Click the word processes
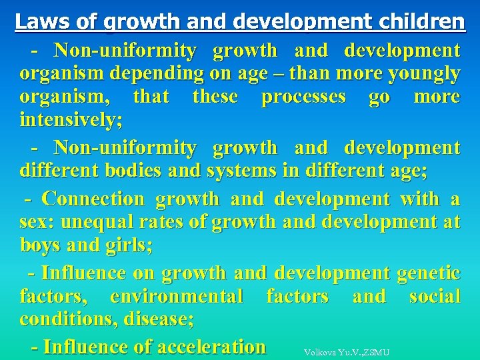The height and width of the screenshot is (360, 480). point(303,97)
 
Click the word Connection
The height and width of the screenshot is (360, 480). point(93,199)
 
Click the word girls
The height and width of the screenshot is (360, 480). point(127,245)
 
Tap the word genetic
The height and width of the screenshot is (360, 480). point(427,272)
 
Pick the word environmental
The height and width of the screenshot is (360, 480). point(177,295)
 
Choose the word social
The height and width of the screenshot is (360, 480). point(434,295)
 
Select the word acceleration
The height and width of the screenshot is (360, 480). point(210,347)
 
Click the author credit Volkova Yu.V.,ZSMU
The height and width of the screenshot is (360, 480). point(346,352)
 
